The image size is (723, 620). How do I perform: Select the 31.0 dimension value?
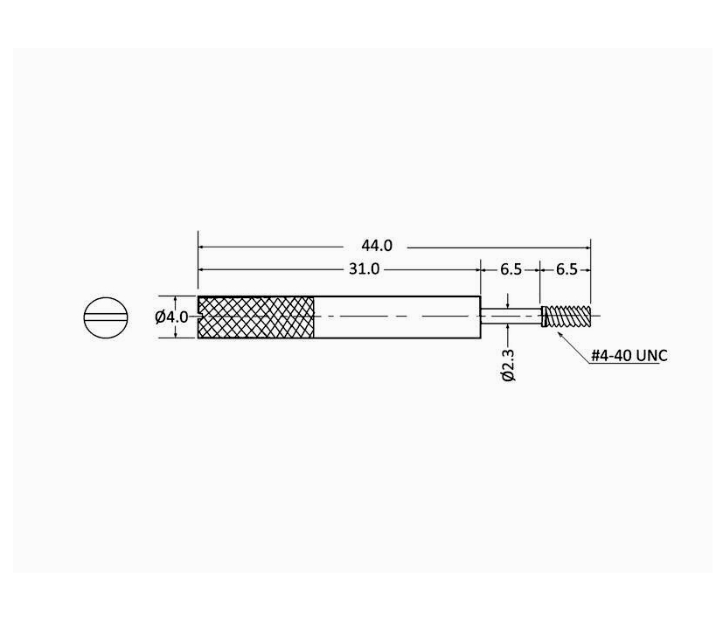[x=364, y=269]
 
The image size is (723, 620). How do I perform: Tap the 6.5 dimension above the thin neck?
[x=511, y=269]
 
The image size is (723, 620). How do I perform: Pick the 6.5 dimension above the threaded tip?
[x=567, y=269]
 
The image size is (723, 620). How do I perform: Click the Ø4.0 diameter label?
[x=171, y=317]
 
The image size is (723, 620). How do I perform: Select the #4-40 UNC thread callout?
[x=629, y=356]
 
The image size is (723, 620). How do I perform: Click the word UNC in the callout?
[x=650, y=356]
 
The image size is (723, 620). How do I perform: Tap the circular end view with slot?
[x=106, y=317]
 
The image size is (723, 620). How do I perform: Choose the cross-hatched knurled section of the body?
[x=257, y=317]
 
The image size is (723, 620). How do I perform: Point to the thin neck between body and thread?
[x=511, y=317]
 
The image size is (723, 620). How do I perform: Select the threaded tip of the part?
[x=567, y=316]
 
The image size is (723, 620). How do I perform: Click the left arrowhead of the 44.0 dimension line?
[x=202, y=247]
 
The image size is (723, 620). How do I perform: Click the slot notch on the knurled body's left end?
[x=202, y=317]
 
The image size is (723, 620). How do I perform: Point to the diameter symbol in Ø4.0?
[x=161, y=317]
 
